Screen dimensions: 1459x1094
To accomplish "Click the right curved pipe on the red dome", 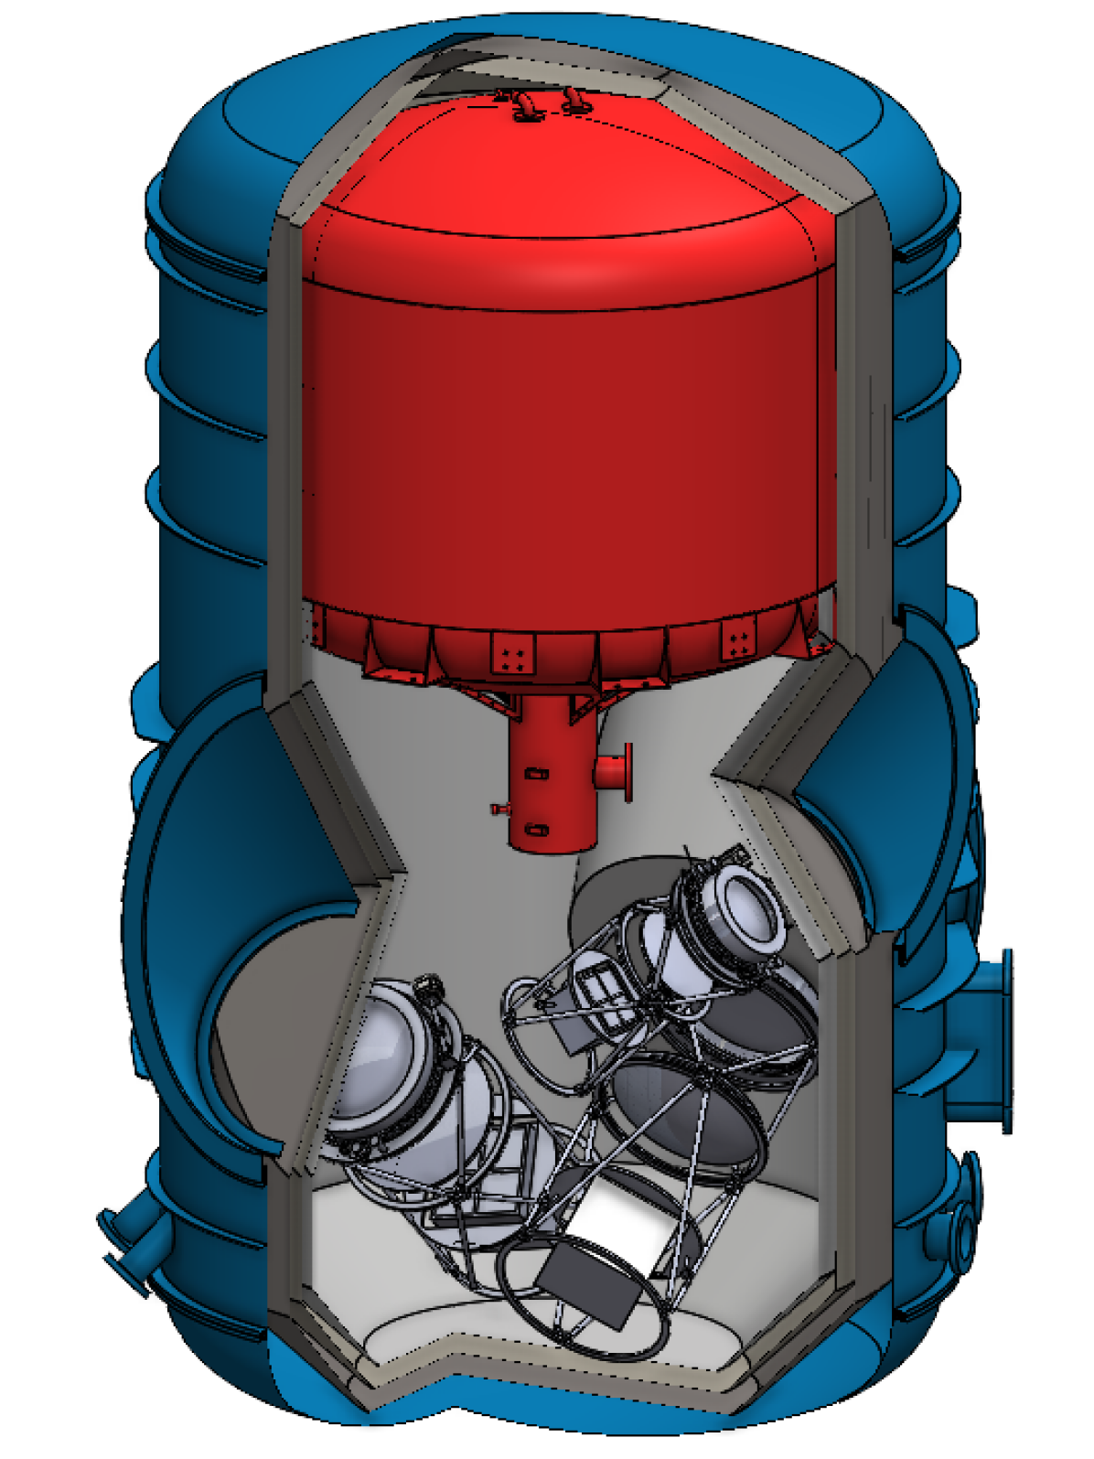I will [574, 100].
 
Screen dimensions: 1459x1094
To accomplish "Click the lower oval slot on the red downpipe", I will [537, 830].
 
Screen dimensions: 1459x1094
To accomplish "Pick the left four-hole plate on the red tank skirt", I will [512, 654].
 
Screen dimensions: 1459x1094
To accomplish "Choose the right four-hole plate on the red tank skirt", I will [739, 638].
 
